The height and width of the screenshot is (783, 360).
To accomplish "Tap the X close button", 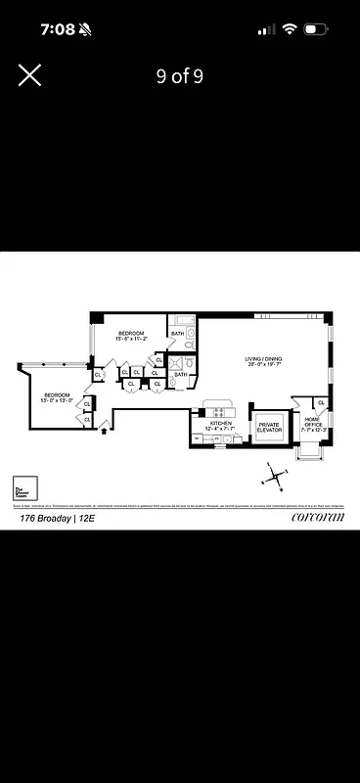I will point(29,75).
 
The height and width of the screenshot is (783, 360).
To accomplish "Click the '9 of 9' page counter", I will point(180,76).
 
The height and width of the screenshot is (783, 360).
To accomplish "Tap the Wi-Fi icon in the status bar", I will point(289,29).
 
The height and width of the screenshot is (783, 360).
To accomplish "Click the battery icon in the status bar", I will point(316,29).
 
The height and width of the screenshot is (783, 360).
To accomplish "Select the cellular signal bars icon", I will point(266,29).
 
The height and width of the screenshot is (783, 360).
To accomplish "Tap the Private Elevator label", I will point(270,428).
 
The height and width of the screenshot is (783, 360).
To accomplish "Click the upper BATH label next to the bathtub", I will point(177,334).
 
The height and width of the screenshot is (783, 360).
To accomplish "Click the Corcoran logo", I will point(319,519).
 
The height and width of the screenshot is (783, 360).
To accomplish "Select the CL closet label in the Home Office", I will point(321,402).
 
